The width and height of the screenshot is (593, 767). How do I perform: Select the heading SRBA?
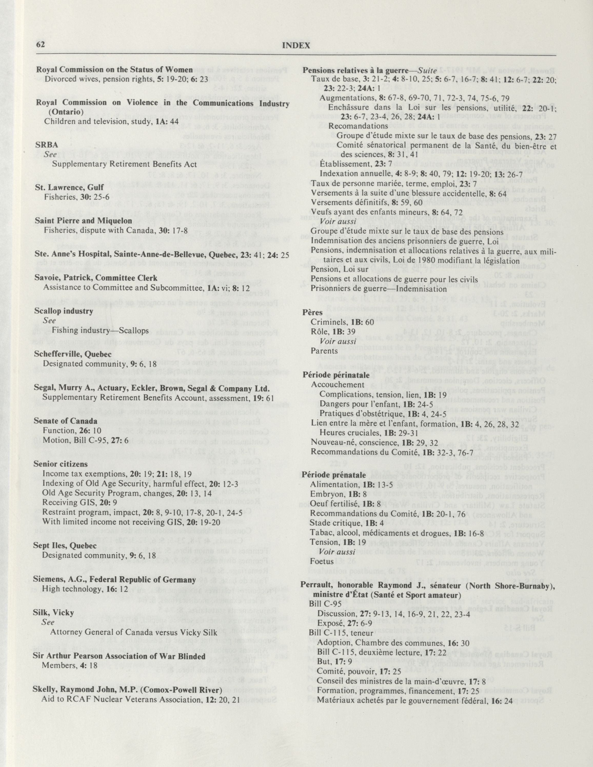point(42,145)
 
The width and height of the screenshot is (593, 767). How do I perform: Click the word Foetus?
point(322,561)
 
